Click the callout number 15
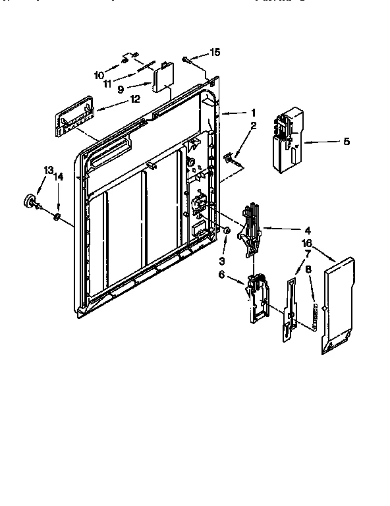pyautogui.click(x=215, y=52)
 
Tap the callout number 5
pyautogui.click(x=347, y=141)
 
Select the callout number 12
pyautogui.click(x=135, y=99)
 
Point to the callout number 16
pyautogui.click(x=306, y=243)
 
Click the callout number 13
pyautogui.click(x=48, y=170)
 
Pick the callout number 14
pyautogui.click(x=58, y=177)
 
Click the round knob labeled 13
pyautogui.click(x=30, y=201)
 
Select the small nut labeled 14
pyautogui.click(x=57, y=215)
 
